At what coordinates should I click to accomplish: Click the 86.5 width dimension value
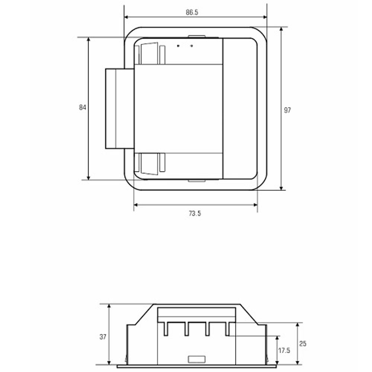192,12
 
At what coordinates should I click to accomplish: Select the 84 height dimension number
83,108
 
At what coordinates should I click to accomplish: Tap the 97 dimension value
287,110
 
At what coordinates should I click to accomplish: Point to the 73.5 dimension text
195,214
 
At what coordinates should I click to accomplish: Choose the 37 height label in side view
103,337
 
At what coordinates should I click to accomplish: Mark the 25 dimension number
303,344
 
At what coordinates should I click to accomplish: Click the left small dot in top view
178,46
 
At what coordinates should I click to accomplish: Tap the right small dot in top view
192,46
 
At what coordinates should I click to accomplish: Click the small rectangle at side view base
196,359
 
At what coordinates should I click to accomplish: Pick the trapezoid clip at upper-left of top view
149,54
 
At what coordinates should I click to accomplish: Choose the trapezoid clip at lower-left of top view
149,163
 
